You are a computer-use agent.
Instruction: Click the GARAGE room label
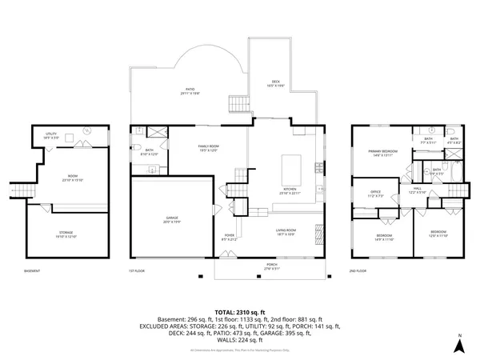pyautogui.click(x=172, y=219)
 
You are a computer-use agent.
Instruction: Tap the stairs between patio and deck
pyautogui.click(x=238, y=104)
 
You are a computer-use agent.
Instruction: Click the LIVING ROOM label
pyautogui.click(x=286, y=232)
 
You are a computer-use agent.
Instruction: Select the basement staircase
pyautogui.click(x=21, y=192)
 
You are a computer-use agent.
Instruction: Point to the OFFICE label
pyautogui.click(x=373, y=193)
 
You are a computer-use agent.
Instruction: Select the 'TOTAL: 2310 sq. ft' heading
pyautogui.click(x=239, y=310)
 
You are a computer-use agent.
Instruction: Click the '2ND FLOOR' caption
pyautogui.click(x=361, y=271)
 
